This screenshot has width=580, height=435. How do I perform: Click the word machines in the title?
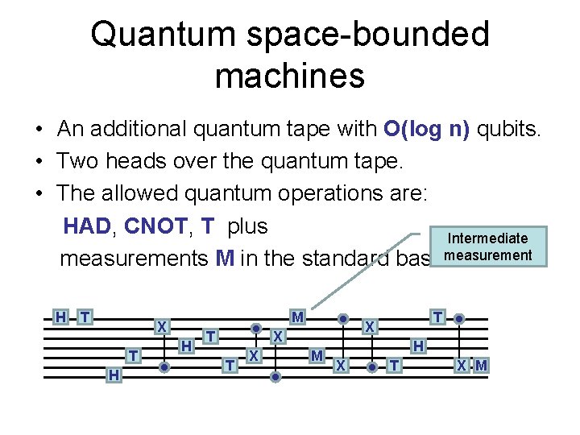tap(290, 76)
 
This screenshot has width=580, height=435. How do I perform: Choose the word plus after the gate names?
tap(247, 226)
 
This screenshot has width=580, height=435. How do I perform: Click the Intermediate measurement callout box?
tap(487, 247)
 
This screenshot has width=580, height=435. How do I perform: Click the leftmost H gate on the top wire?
tap(60, 317)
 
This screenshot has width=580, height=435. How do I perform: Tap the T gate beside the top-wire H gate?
tap(85, 317)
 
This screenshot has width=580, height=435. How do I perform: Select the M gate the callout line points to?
tap(297, 317)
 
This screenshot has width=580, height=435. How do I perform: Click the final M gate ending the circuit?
tap(481, 366)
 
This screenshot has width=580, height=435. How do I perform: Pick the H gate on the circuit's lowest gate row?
tap(114, 374)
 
